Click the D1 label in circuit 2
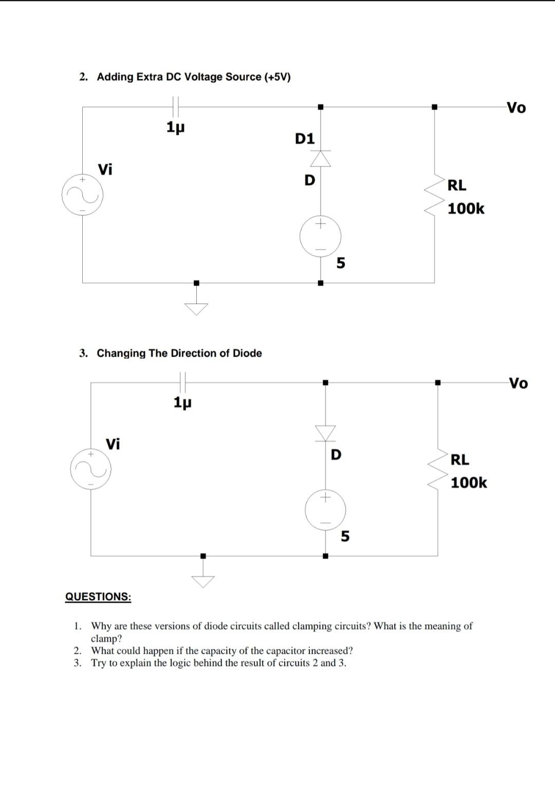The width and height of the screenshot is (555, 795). tap(305, 139)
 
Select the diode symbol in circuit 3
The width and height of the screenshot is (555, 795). tap(325, 433)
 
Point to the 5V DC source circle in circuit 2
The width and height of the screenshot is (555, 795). tap(321, 236)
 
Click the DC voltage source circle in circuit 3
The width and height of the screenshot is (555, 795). tap(325, 510)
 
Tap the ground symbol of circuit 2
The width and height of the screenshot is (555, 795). tap(196, 308)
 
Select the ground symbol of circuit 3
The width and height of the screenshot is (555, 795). tap(203, 581)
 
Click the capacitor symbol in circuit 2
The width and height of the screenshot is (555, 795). tap(176, 107)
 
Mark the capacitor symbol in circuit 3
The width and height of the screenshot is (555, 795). tap(182, 382)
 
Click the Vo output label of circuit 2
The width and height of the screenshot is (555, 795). tap(516, 108)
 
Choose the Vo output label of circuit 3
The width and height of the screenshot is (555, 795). tap(518, 383)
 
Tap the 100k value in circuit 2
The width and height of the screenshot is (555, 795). tap(466, 209)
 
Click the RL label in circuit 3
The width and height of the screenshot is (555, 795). tap(459, 459)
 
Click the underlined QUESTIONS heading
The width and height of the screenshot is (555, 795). tap(98, 597)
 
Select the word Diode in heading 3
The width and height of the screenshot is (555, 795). tap(247, 353)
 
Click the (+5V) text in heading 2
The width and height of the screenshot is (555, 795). tap(277, 77)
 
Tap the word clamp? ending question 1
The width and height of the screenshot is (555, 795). tap(106, 638)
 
